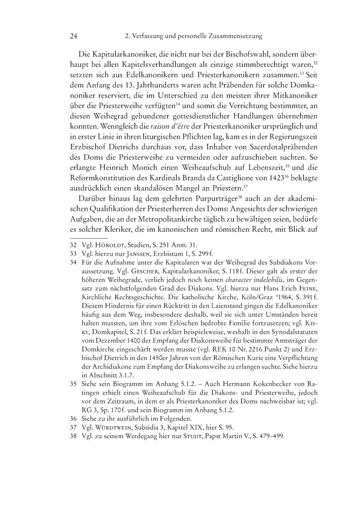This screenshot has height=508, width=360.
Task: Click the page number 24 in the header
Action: click(73, 37)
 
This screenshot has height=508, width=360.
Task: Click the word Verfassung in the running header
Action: click(149, 37)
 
